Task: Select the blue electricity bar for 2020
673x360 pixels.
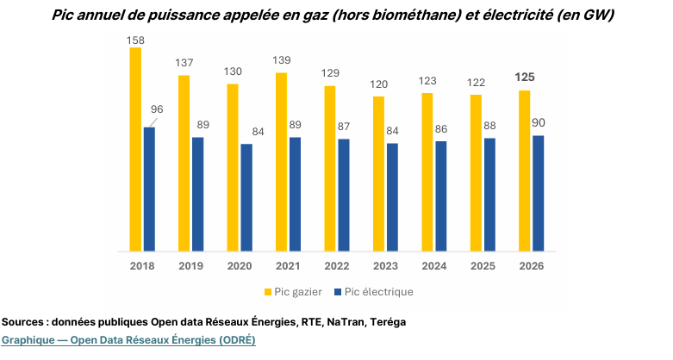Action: [246, 197]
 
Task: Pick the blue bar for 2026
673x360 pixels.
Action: [539, 194]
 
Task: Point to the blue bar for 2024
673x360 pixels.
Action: [441, 196]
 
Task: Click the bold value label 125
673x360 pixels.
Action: [524, 78]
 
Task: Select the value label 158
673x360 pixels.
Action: [135, 39]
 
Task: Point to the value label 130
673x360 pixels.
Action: [233, 71]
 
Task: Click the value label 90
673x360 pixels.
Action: [539, 123]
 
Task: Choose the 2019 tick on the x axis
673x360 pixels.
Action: [190, 266]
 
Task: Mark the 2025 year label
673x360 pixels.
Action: [483, 266]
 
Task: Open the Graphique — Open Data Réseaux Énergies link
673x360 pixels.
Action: [128, 339]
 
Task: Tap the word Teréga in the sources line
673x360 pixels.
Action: [387, 322]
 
